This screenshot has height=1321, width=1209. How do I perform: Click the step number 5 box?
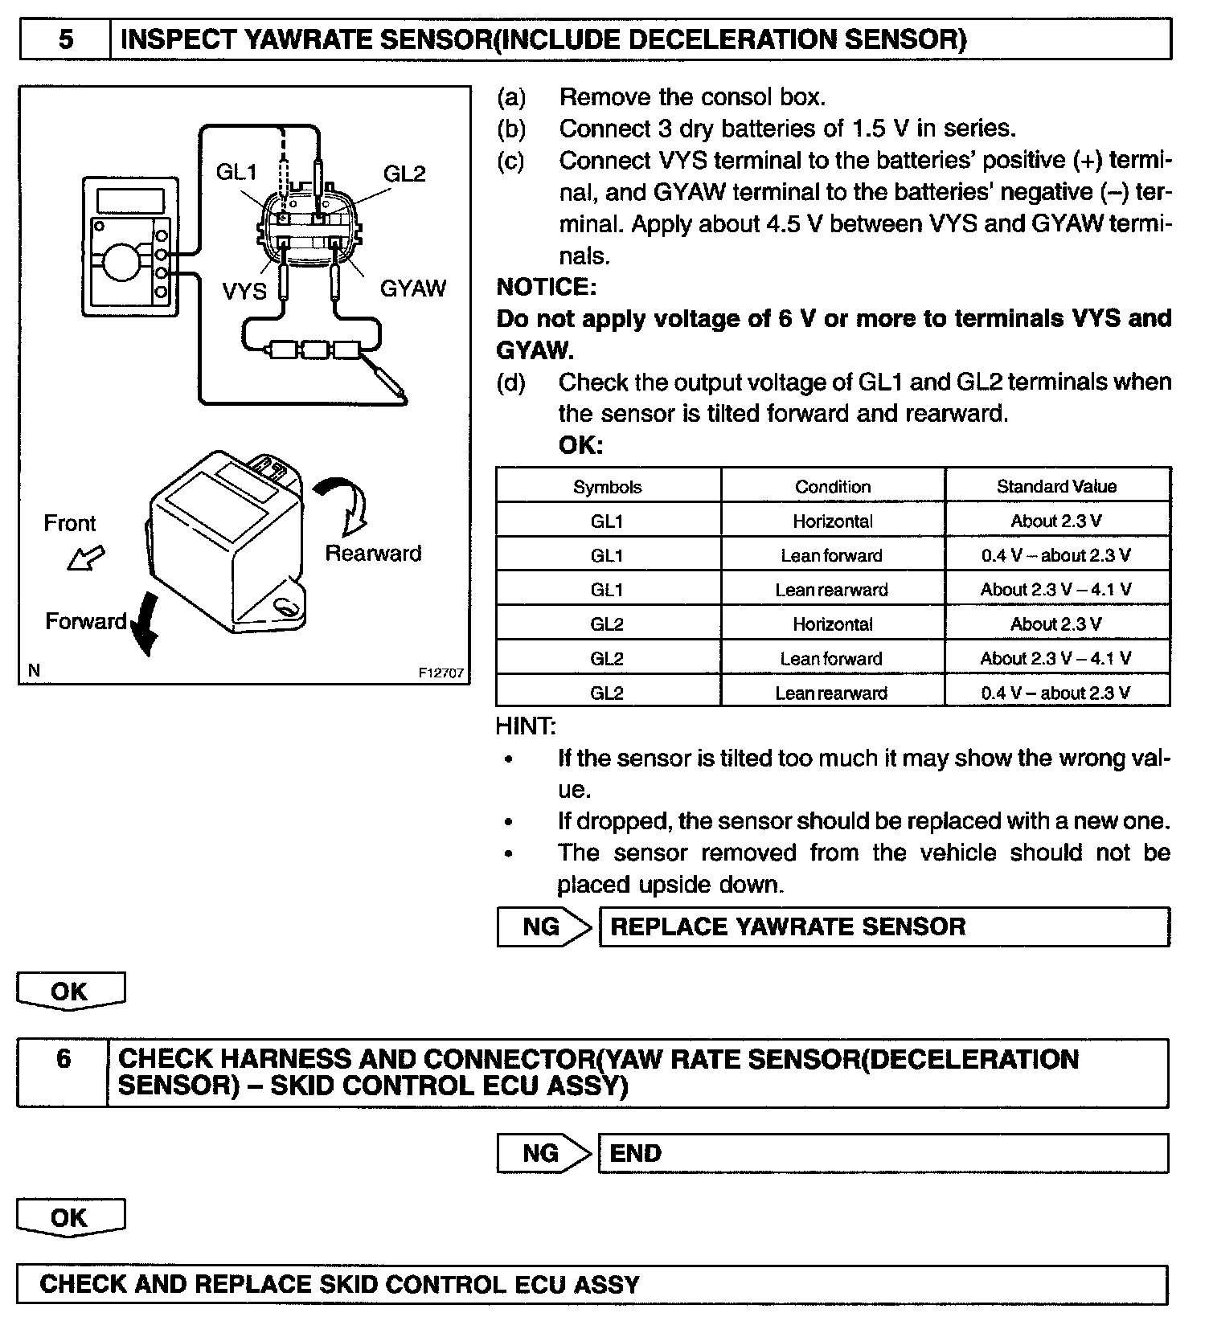click(x=65, y=39)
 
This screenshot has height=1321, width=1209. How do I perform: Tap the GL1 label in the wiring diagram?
click(x=236, y=172)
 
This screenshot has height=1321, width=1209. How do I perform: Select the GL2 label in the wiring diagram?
click(x=404, y=173)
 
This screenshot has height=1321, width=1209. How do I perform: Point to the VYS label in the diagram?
click(x=244, y=290)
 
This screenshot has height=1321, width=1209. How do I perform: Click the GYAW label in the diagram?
click(x=412, y=288)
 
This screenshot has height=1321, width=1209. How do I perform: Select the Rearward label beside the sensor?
click(x=373, y=553)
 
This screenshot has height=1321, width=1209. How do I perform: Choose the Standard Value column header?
click(x=1056, y=486)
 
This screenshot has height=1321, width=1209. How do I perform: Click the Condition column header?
click(x=833, y=486)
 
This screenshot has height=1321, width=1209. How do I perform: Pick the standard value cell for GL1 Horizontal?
click(x=1056, y=521)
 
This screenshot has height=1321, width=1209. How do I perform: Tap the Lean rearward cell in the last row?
click(x=831, y=693)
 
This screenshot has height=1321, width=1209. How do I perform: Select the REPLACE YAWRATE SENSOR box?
click(x=884, y=926)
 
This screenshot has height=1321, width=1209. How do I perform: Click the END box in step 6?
click(x=883, y=1153)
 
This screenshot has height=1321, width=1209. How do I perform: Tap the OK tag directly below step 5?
click(x=70, y=991)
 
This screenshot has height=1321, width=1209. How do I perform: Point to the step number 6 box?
click(x=64, y=1059)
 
